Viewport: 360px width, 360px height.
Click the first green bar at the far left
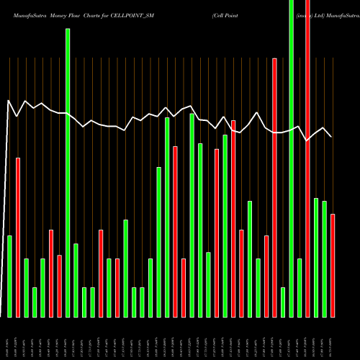[9, 276]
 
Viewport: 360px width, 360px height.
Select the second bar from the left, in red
[18, 238]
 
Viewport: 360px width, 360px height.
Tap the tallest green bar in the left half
[68, 173]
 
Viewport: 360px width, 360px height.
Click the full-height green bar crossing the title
[291, 158]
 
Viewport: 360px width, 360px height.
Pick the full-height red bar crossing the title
[307, 158]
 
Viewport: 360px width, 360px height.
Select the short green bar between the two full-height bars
[300, 287]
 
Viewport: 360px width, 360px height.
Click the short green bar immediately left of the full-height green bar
[283, 302]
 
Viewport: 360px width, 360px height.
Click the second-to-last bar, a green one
[324, 258]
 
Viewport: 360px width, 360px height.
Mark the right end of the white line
[331, 136]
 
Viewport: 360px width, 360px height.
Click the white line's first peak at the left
[9, 101]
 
